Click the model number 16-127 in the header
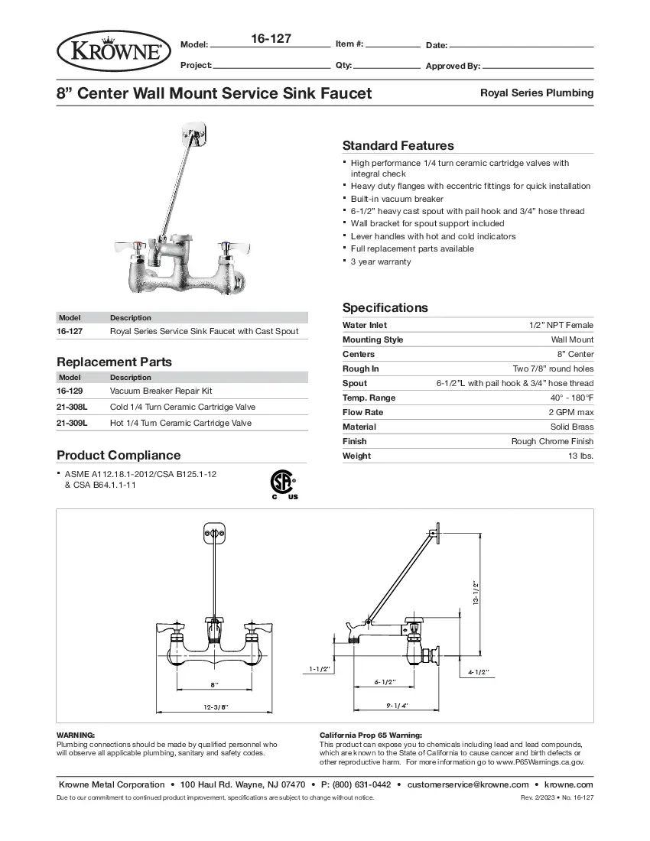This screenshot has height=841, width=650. pos(271,38)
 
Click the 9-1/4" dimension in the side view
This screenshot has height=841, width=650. pos(397,704)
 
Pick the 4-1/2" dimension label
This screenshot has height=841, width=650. pos(478,672)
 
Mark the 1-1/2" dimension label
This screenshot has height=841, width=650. pos(320,669)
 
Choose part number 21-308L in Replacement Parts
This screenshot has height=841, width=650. pos(72,408)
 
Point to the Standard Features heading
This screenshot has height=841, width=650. pos(398,145)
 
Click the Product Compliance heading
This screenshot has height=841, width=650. pos(119,455)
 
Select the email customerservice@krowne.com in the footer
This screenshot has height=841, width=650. pos(468,784)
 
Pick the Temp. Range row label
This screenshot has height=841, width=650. pos(369,398)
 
